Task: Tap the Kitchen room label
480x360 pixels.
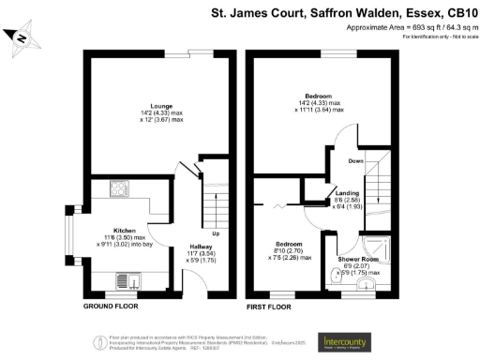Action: coord(127,230)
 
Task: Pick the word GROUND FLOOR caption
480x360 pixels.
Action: coord(107,307)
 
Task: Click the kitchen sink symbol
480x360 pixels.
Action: coord(126,279)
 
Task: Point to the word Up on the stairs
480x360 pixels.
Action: coord(216,232)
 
